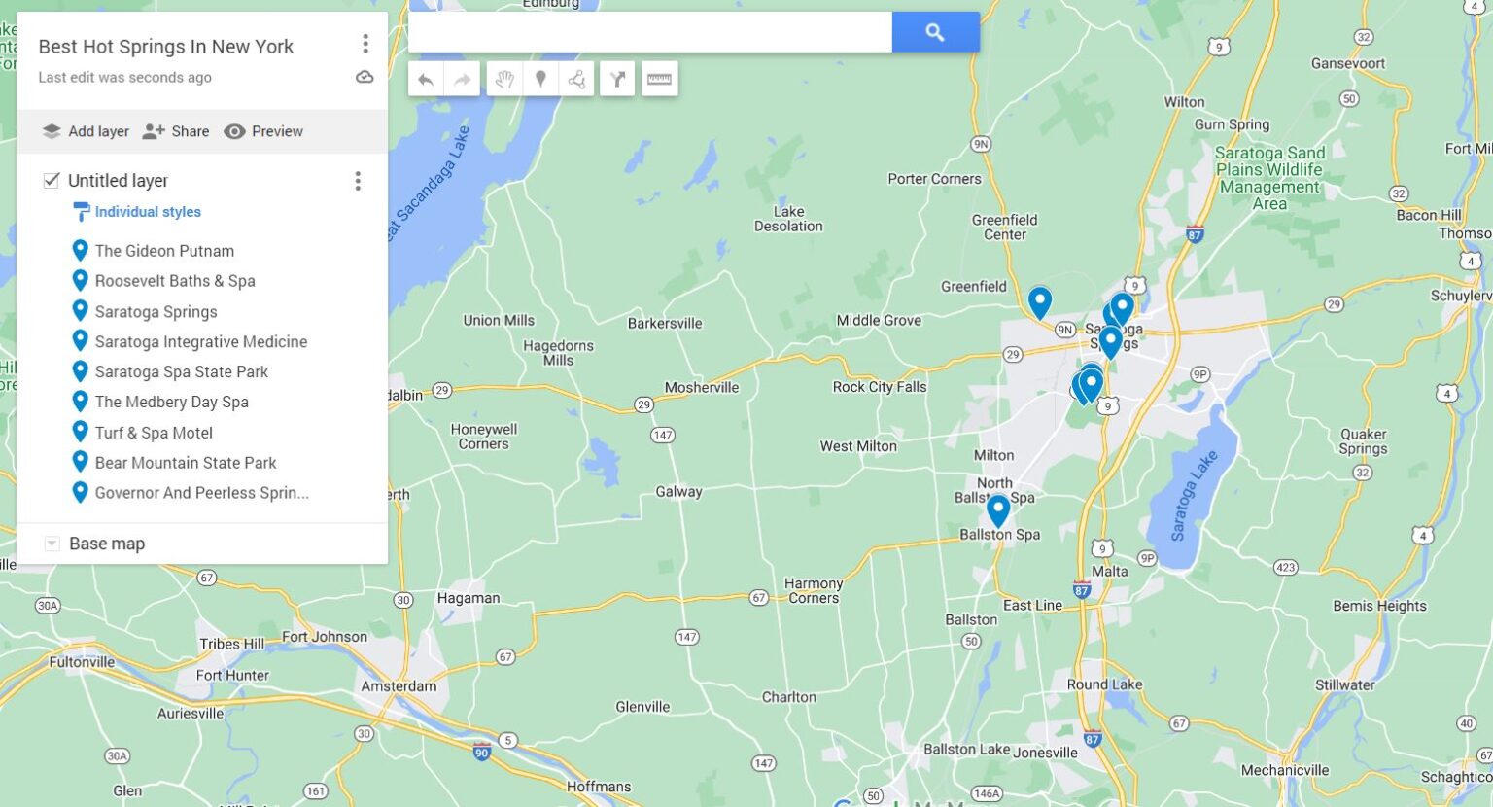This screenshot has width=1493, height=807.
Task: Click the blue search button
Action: click(935, 32)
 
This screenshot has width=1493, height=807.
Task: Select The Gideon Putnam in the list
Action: click(163, 251)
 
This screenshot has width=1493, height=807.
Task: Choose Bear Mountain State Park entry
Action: click(185, 463)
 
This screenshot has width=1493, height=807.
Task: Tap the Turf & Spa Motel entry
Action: click(154, 433)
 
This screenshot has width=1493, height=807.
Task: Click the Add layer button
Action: click(86, 131)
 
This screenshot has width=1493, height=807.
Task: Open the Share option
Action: click(176, 131)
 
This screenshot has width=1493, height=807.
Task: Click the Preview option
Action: click(263, 131)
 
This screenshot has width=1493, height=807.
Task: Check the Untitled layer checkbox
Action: click(52, 180)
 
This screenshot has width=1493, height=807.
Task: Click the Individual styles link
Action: click(147, 212)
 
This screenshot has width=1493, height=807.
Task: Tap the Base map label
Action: click(107, 544)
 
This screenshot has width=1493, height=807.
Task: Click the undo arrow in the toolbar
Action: click(426, 80)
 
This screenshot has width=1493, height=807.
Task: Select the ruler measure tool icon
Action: click(659, 80)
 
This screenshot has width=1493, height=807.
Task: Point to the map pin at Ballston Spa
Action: click(998, 509)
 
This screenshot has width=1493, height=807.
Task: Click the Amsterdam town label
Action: click(399, 685)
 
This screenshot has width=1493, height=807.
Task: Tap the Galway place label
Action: click(678, 492)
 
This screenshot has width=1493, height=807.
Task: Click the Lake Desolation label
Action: click(788, 219)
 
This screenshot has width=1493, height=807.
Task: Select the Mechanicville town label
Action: click(1284, 770)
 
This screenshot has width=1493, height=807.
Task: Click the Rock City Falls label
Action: click(879, 387)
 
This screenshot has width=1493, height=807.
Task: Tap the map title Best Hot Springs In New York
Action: click(165, 47)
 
